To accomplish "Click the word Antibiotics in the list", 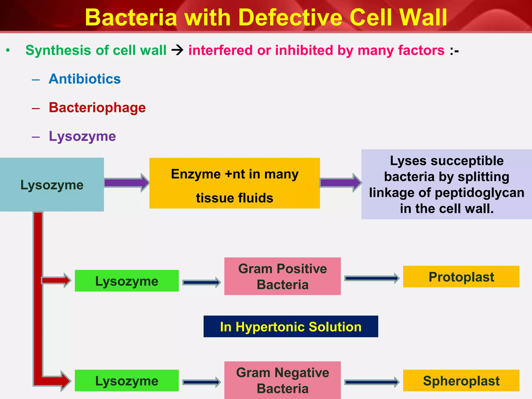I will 85,79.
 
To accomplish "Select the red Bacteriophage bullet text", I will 97,108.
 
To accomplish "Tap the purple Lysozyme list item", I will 82,136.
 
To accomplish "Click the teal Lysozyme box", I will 52,185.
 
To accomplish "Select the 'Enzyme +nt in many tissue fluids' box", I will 234,183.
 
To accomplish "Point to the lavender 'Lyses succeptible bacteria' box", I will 446,184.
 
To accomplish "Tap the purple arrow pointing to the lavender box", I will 341,183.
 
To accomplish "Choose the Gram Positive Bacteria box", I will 282,276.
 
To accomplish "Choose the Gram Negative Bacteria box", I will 282,380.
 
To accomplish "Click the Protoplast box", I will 461,277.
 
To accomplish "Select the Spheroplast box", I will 461,381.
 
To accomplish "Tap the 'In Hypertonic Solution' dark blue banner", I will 291,327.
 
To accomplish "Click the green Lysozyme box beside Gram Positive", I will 127,281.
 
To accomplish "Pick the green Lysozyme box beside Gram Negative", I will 127,381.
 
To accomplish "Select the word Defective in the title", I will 291,18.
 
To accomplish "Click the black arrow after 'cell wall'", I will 177,50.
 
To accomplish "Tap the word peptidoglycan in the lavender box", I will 479,193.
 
